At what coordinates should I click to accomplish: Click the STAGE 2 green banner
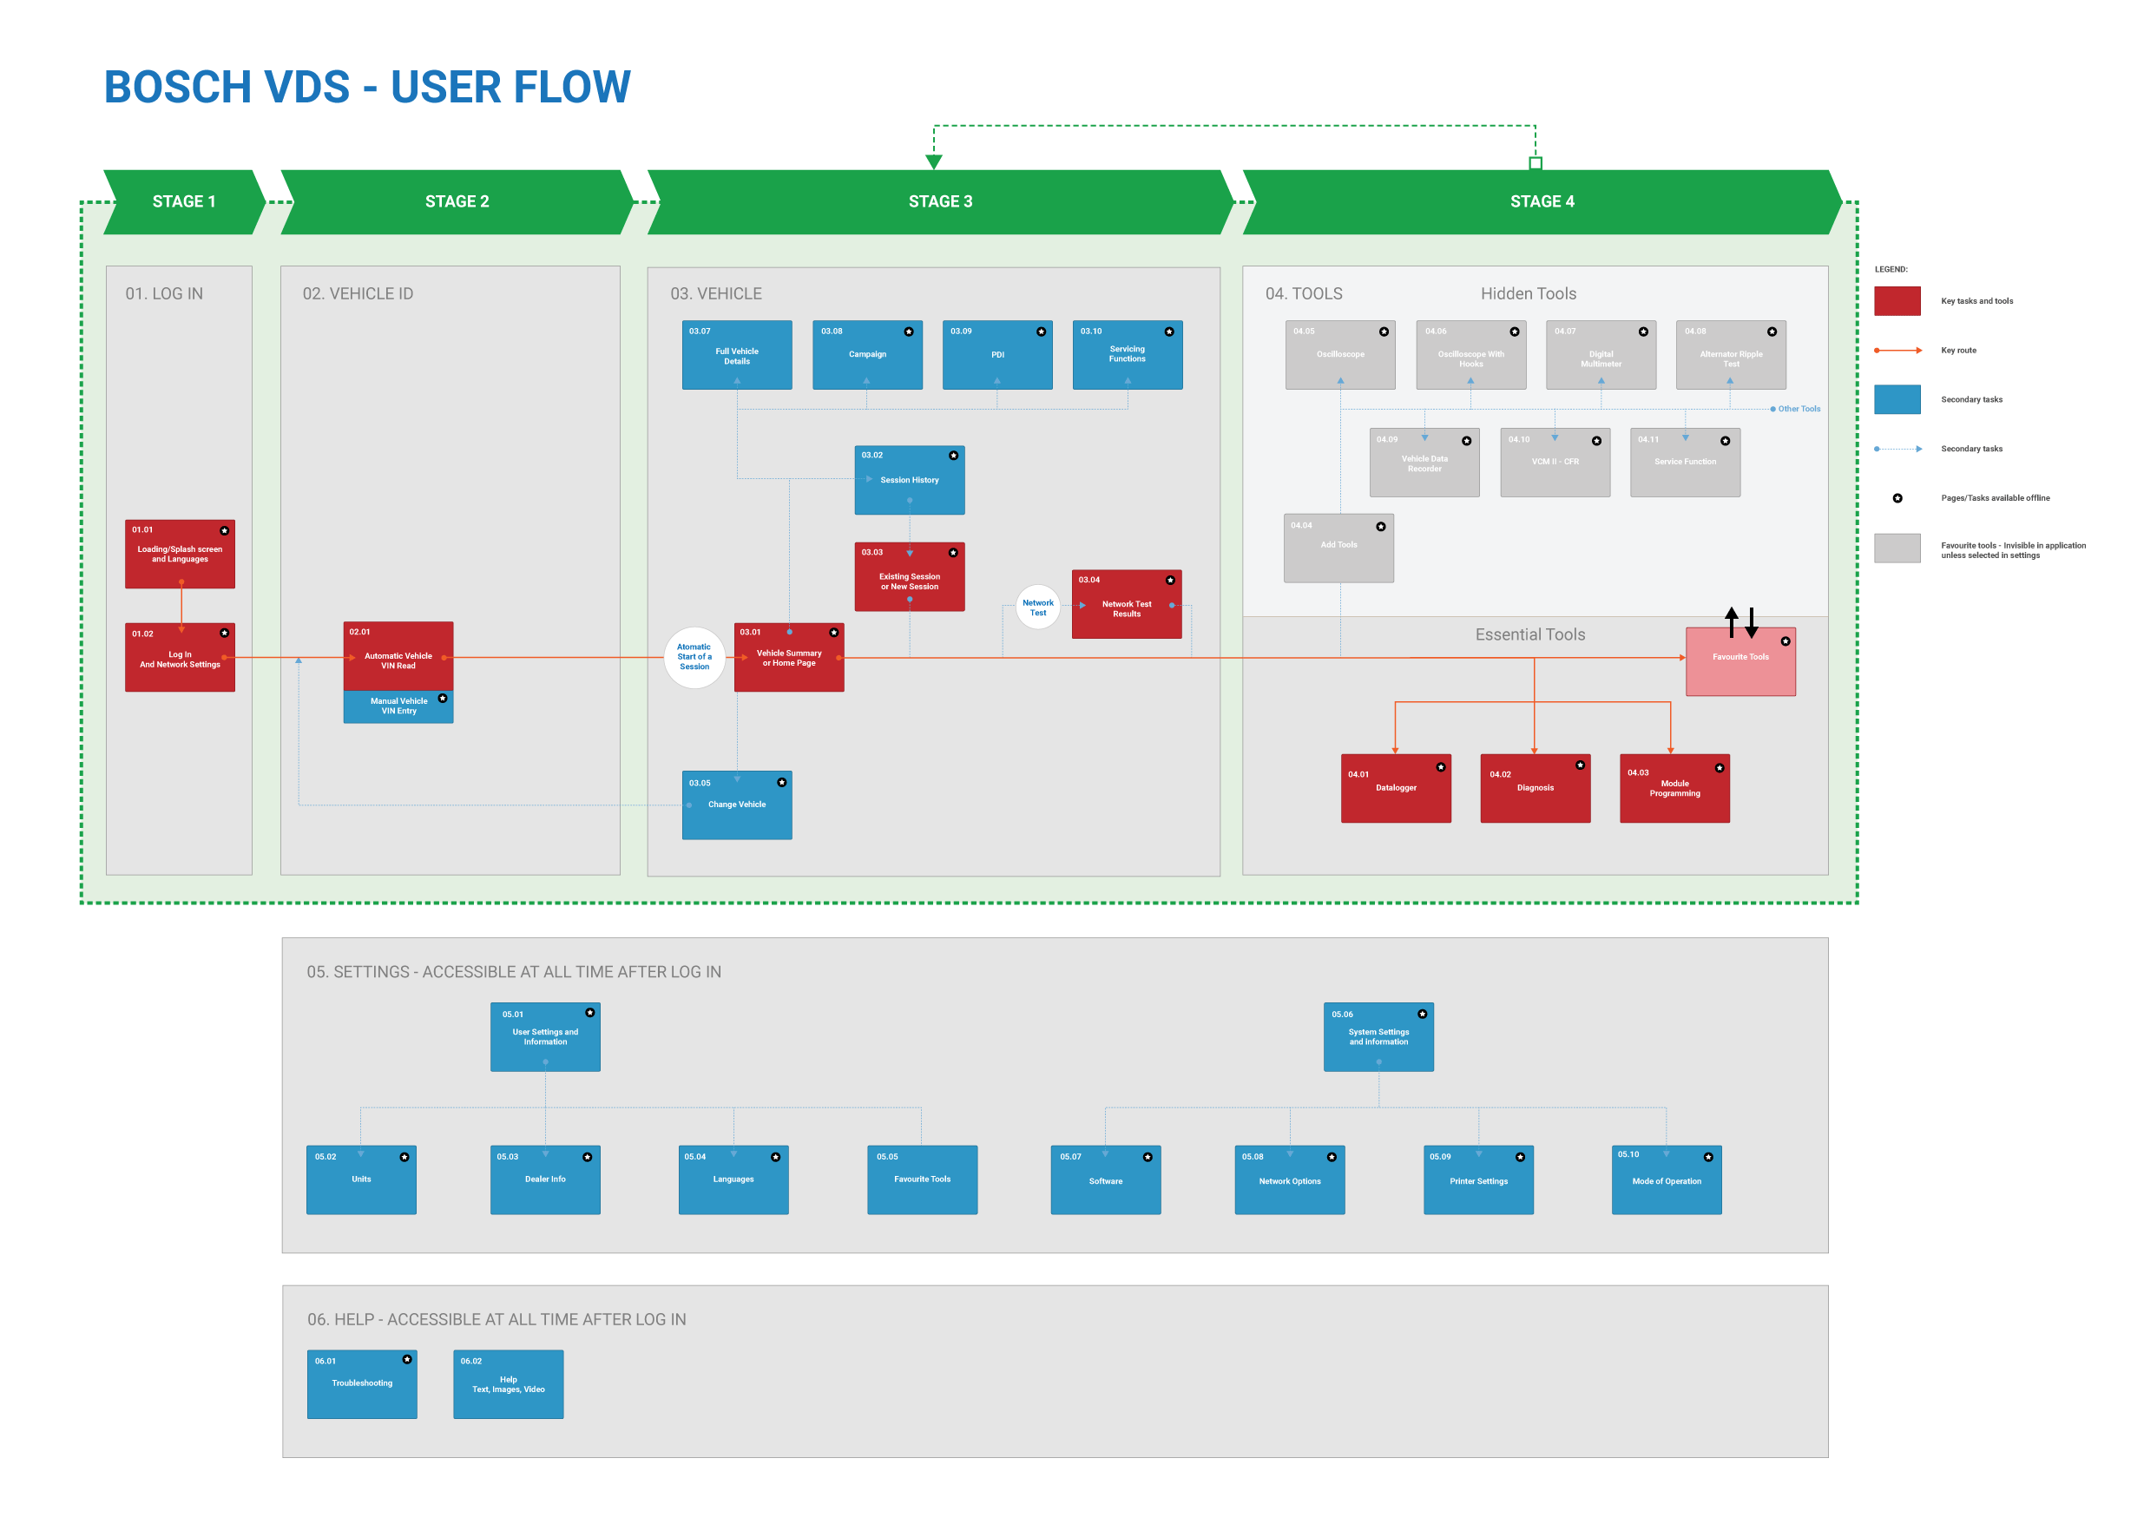click(x=456, y=201)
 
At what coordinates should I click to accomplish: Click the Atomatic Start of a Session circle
click(x=694, y=657)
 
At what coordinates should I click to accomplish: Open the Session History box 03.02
click(x=908, y=480)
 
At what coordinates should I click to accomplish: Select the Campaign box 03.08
click(x=866, y=355)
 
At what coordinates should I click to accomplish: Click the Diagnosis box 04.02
click(x=1534, y=788)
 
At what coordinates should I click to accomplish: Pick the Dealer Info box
click(x=544, y=1179)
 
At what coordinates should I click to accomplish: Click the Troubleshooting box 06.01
click(x=361, y=1383)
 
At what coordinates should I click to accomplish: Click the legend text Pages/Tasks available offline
click(x=1994, y=498)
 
